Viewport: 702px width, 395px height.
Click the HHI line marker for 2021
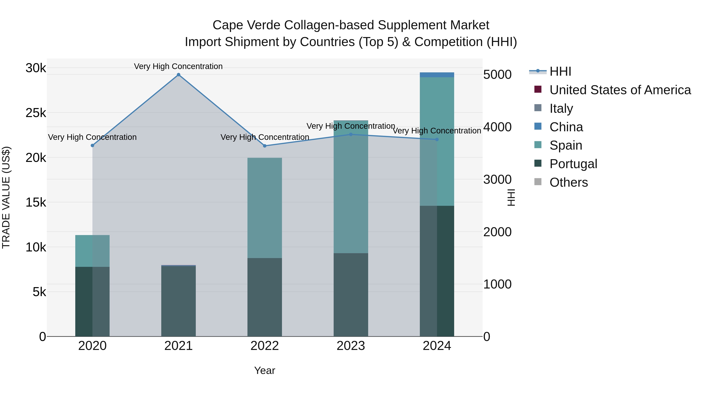178,75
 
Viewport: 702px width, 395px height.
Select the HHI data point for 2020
92,146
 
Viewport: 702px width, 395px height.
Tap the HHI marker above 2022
265,146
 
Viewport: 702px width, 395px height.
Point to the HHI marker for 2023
351,134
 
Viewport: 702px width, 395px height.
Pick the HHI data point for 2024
437,140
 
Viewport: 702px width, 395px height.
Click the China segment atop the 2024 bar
437,75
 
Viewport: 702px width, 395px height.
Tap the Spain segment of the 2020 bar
92,251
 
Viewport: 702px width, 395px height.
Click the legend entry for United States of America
620,90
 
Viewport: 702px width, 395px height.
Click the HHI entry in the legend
560,71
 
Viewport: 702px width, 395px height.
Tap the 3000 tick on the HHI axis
497,180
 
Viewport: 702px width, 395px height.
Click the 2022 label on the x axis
265,346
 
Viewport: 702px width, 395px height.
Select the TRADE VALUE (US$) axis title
6,197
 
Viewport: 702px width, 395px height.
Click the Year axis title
265,370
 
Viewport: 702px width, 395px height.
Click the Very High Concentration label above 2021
178,67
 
